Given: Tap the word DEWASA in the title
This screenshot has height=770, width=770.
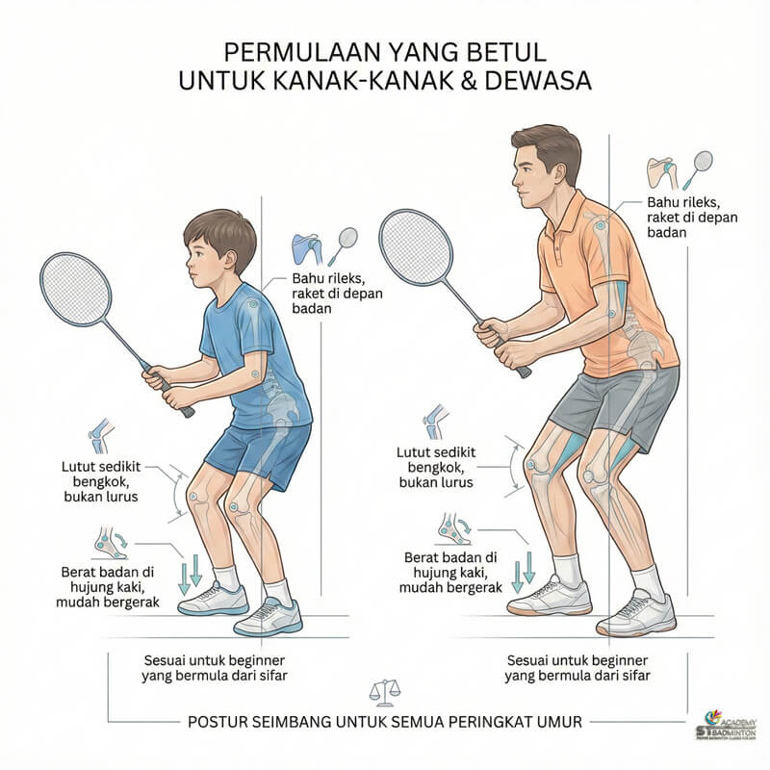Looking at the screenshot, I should (537, 80).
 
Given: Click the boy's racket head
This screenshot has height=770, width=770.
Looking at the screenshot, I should (76, 289).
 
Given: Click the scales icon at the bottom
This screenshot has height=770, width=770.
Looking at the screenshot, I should (384, 692).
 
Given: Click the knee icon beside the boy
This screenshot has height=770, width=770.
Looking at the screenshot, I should (99, 436).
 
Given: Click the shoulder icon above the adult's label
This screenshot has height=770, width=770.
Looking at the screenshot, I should (661, 171).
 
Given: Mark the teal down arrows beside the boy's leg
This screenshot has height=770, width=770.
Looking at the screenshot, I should (190, 576).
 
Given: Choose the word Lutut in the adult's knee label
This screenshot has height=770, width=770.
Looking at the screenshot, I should (413, 451).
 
